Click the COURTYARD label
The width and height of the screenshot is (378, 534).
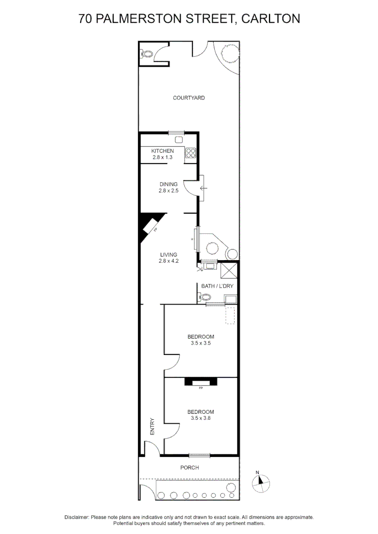click(x=189, y=98)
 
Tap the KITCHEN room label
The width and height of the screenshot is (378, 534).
click(x=162, y=151)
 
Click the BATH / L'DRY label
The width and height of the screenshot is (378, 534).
click(x=217, y=286)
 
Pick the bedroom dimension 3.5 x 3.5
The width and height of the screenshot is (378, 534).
click(x=200, y=343)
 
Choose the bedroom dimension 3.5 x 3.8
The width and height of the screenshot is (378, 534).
click(x=200, y=418)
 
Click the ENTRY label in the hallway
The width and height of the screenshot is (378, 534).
click(x=152, y=427)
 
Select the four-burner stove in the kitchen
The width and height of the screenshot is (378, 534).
click(x=191, y=153)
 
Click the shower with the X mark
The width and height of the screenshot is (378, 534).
click(x=229, y=271)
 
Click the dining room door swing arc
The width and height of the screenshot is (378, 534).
click(x=189, y=188)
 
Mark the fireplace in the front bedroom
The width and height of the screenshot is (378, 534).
click(x=200, y=382)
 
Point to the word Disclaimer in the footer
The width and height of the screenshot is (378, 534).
click(x=77, y=517)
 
